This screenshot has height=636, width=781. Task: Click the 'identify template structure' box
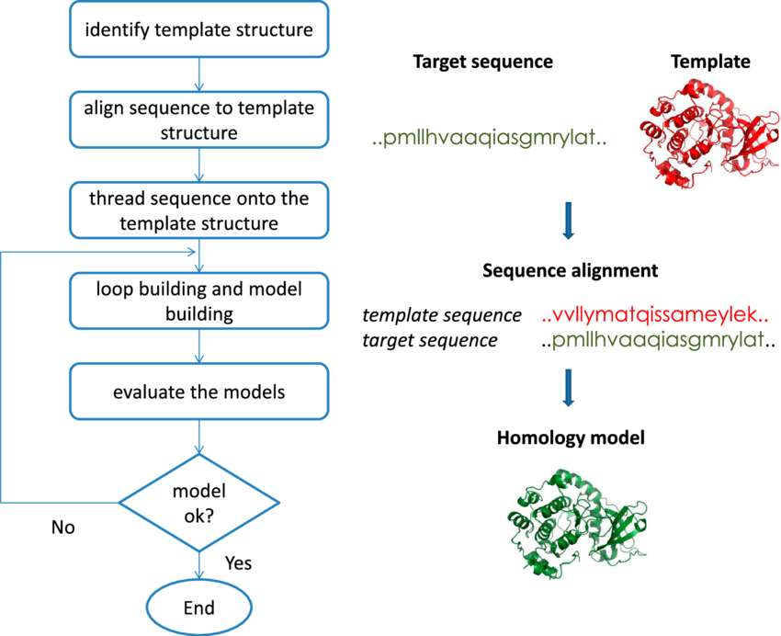(199, 29)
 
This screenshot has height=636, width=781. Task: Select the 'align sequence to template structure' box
(199, 119)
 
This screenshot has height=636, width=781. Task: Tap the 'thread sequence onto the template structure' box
(199, 210)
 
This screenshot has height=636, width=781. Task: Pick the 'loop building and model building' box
(199, 301)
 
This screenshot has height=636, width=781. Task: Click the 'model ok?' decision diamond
(199, 502)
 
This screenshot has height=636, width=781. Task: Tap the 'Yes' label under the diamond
(237, 562)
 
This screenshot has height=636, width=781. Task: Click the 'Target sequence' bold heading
(482, 62)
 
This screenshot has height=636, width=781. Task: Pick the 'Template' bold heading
(709, 62)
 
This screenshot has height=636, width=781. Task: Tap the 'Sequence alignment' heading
(570, 271)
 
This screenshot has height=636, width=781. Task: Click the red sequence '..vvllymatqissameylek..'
(654, 315)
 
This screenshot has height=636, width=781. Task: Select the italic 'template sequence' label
(442, 315)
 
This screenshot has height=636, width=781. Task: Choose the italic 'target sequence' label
(430, 341)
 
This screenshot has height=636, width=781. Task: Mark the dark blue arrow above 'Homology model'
(569, 387)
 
